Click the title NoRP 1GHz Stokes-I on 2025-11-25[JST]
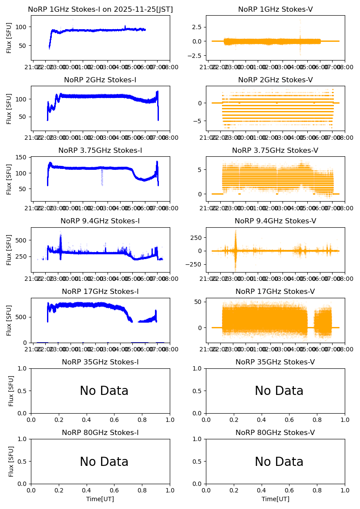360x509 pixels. click(x=100, y=10)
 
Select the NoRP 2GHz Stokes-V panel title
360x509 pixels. click(x=275, y=80)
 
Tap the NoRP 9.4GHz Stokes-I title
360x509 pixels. click(x=100, y=221)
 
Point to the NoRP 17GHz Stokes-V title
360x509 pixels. click(x=275, y=292)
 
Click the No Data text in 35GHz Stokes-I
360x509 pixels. click(x=104, y=391)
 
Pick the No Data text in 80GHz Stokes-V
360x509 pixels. click(x=279, y=462)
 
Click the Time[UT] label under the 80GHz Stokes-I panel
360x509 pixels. click(x=100, y=499)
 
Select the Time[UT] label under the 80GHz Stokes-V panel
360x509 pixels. click(x=275, y=499)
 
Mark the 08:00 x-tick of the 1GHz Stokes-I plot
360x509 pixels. click(x=169, y=67)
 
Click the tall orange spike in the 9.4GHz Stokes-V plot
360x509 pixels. click(x=236, y=244)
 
